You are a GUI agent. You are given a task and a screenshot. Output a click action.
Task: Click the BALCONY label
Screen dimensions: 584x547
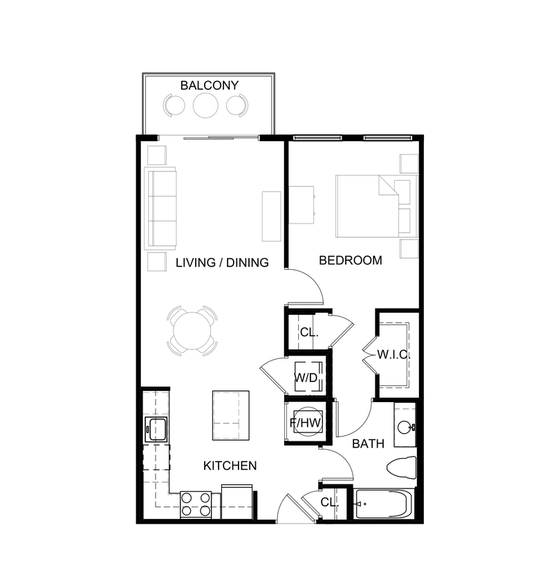pos(209,86)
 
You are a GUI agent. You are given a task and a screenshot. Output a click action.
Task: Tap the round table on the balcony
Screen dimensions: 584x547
pos(205,105)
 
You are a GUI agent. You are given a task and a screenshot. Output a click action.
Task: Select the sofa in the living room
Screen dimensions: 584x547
pos(162,208)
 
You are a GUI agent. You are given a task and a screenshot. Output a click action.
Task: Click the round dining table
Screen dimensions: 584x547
pos(192,331)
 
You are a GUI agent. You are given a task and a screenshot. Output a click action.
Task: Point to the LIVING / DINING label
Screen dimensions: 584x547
pos(221,262)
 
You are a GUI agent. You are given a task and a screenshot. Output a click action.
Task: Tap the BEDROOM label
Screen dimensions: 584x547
pos(350,261)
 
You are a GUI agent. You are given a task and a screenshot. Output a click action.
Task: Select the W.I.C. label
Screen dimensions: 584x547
pos(394,354)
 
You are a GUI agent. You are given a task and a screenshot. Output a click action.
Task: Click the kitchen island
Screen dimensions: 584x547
pos(230,415)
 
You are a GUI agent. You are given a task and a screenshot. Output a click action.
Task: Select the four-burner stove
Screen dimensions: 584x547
pos(196,504)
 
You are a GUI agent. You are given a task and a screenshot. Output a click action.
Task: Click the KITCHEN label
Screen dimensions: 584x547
pos(230,466)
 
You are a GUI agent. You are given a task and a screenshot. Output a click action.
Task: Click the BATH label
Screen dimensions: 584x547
pos(368,444)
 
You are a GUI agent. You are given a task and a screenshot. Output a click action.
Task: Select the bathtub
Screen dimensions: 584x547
pos(383,504)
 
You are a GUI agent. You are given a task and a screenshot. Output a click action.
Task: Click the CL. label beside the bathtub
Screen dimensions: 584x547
pos(329,502)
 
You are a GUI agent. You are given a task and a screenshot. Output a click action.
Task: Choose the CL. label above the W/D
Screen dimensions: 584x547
pos(308,332)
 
